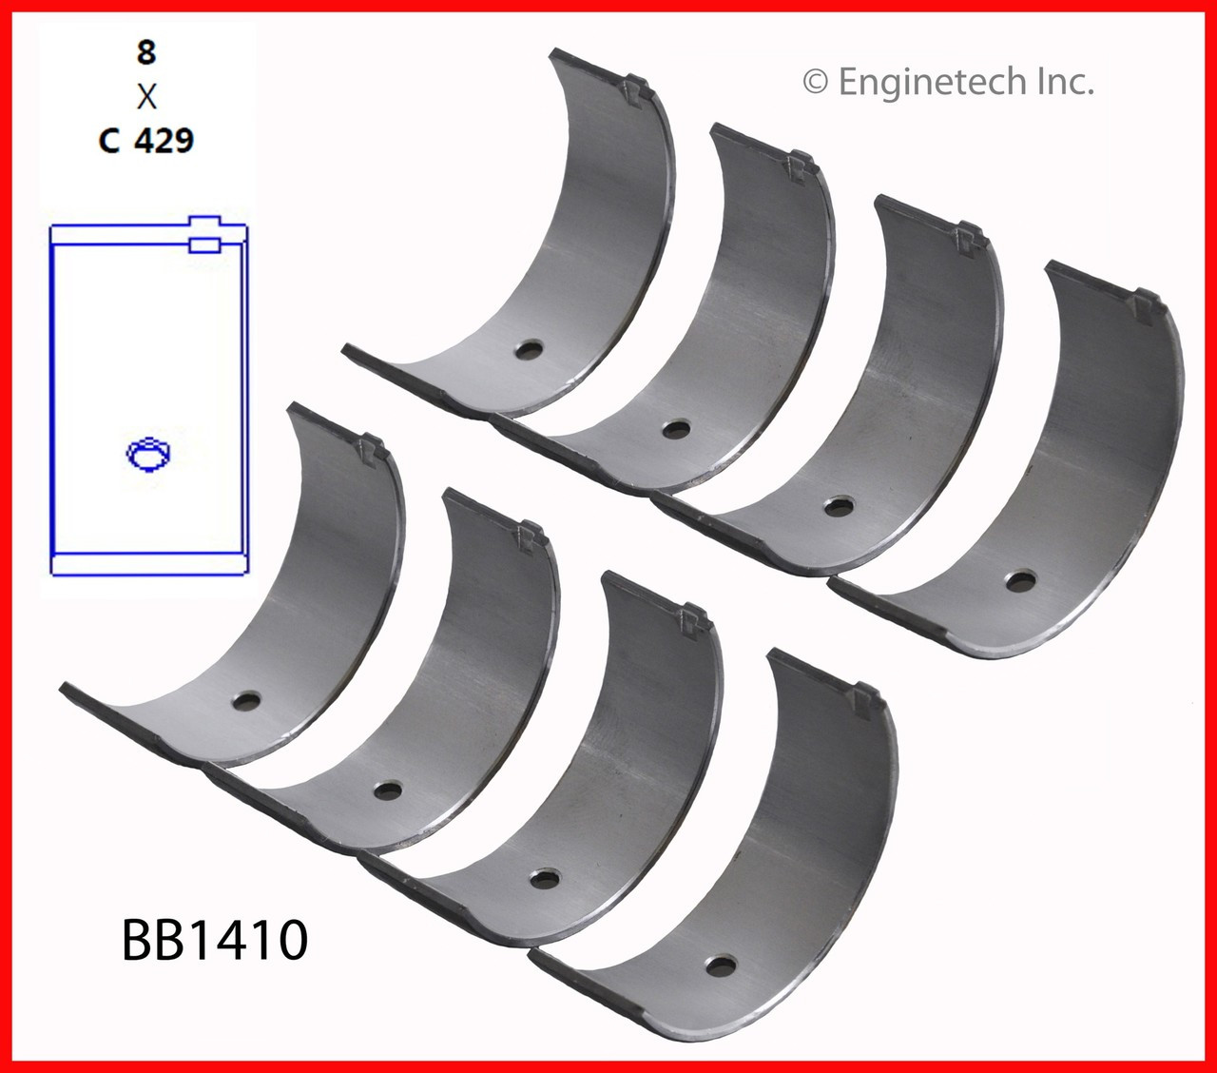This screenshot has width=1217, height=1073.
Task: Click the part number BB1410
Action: coord(214,939)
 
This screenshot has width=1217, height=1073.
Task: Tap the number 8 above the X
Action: coord(145,51)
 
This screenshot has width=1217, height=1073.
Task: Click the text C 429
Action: coord(146,141)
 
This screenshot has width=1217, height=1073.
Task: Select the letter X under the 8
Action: coord(146,96)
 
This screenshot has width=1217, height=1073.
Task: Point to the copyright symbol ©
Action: coord(815,83)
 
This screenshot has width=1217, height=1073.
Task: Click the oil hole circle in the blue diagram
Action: coord(148,454)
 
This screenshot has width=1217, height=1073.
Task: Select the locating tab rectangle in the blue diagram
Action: coord(210,244)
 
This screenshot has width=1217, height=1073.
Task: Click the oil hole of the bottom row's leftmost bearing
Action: coord(246,702)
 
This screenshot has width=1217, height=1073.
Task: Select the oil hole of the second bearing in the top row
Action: coord(675,429)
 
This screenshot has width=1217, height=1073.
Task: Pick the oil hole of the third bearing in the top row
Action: coord(838,506)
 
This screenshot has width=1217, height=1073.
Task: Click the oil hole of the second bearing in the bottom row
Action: coord(387,790)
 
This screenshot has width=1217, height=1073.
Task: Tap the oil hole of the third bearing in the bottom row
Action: coord(544,878)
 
